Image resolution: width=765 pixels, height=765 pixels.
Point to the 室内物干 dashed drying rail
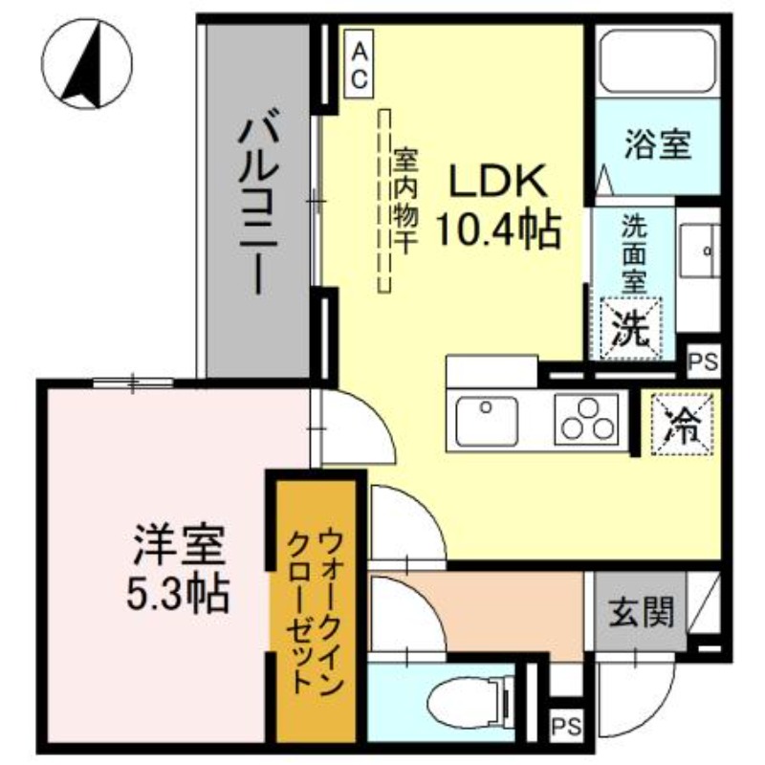[x=385, y=201]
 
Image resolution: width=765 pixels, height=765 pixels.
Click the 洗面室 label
[x=632, y=254]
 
